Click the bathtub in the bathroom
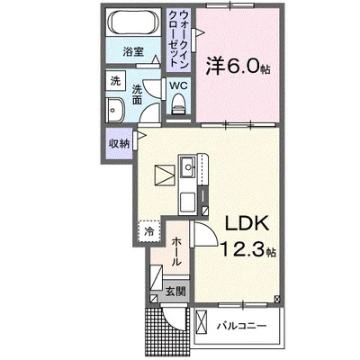click(133, 22)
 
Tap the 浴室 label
click(133, 52)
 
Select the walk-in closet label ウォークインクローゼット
click(179, 40)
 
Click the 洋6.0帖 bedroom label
click(238, 67)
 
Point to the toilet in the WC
click(179, 103)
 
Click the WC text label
click(178, 85)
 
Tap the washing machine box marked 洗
click(115, 81)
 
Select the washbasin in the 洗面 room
click(115, 110)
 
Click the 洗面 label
click(137, 94)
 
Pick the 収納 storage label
click(119, 144)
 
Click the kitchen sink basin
click(188, 166)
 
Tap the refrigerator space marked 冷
click(149, 231)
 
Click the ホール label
click(176, 251)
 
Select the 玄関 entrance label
click(175, 291)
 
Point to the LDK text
click(247, 223)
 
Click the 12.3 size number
click(243, 249)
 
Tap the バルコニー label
click(242, 326)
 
